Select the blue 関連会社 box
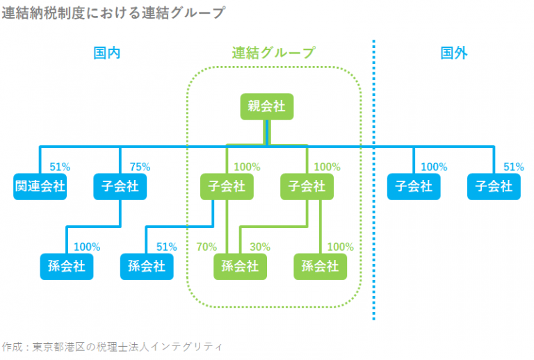(x=40, y=186)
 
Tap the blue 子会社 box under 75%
(x=120, y=186)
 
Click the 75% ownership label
(x=140, y=167)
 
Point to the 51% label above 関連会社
(x=60, y=167)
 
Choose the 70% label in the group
(x=207, y=247)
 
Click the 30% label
(x=260, y=247)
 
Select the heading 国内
(x=107, y=54)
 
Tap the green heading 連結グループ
(x=273, y=54)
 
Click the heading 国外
(x=454, y=54)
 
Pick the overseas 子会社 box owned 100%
(x=414, y=186)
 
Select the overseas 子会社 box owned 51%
(x=494, y=186)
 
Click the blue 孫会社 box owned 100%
(x=67, y=266)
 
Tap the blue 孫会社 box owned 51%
(x=147, y=266)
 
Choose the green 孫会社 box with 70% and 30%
(x=240, y=266)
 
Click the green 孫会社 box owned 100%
(x=320, y=266)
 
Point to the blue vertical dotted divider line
(x=374, y=208)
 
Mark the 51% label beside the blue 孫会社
(x=167, y=247)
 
